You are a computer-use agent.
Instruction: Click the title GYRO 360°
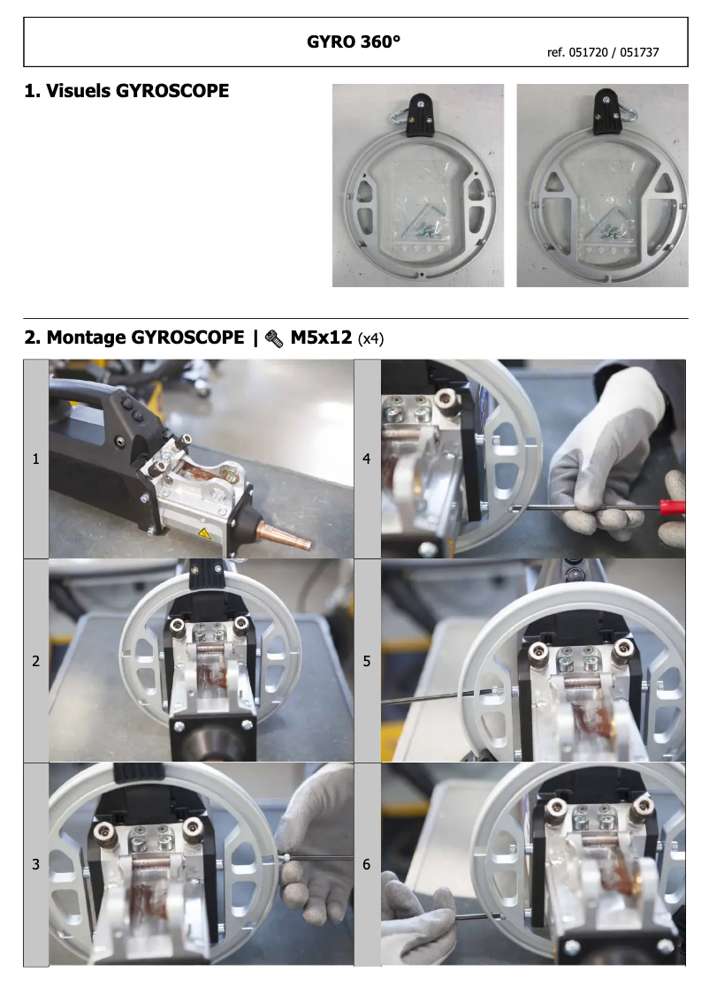coord(354,42)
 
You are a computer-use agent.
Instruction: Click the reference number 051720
coord(591,53)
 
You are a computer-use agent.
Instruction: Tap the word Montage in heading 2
coord(85,338)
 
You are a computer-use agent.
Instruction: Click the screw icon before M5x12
coord(273,338)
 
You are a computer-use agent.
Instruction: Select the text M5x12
coord(322,338)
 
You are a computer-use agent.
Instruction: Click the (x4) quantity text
coord(371,338)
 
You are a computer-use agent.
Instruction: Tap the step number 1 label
coord(35,459)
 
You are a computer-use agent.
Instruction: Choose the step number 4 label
coord(367,459)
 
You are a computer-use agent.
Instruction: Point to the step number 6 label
coord(367,864)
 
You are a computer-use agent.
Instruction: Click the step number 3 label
coord(35,864)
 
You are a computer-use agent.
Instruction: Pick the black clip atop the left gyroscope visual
coord(417,118)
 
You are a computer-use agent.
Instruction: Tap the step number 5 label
coord(367,661)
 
